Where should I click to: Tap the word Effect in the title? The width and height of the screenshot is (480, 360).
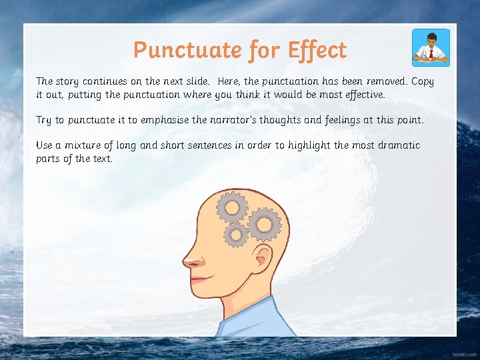(x=317, y=50)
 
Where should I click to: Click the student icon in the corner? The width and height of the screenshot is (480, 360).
(x=431, y=47)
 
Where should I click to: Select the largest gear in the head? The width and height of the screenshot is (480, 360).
(x=265, y=225)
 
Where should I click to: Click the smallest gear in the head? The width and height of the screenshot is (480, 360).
(x=235, y=234)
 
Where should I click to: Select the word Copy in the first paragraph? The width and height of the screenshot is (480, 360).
(x=422, y=81)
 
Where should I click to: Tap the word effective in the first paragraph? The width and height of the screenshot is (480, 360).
(x=362, y=95)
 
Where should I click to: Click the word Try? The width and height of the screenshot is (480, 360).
(x=43, y=120)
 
